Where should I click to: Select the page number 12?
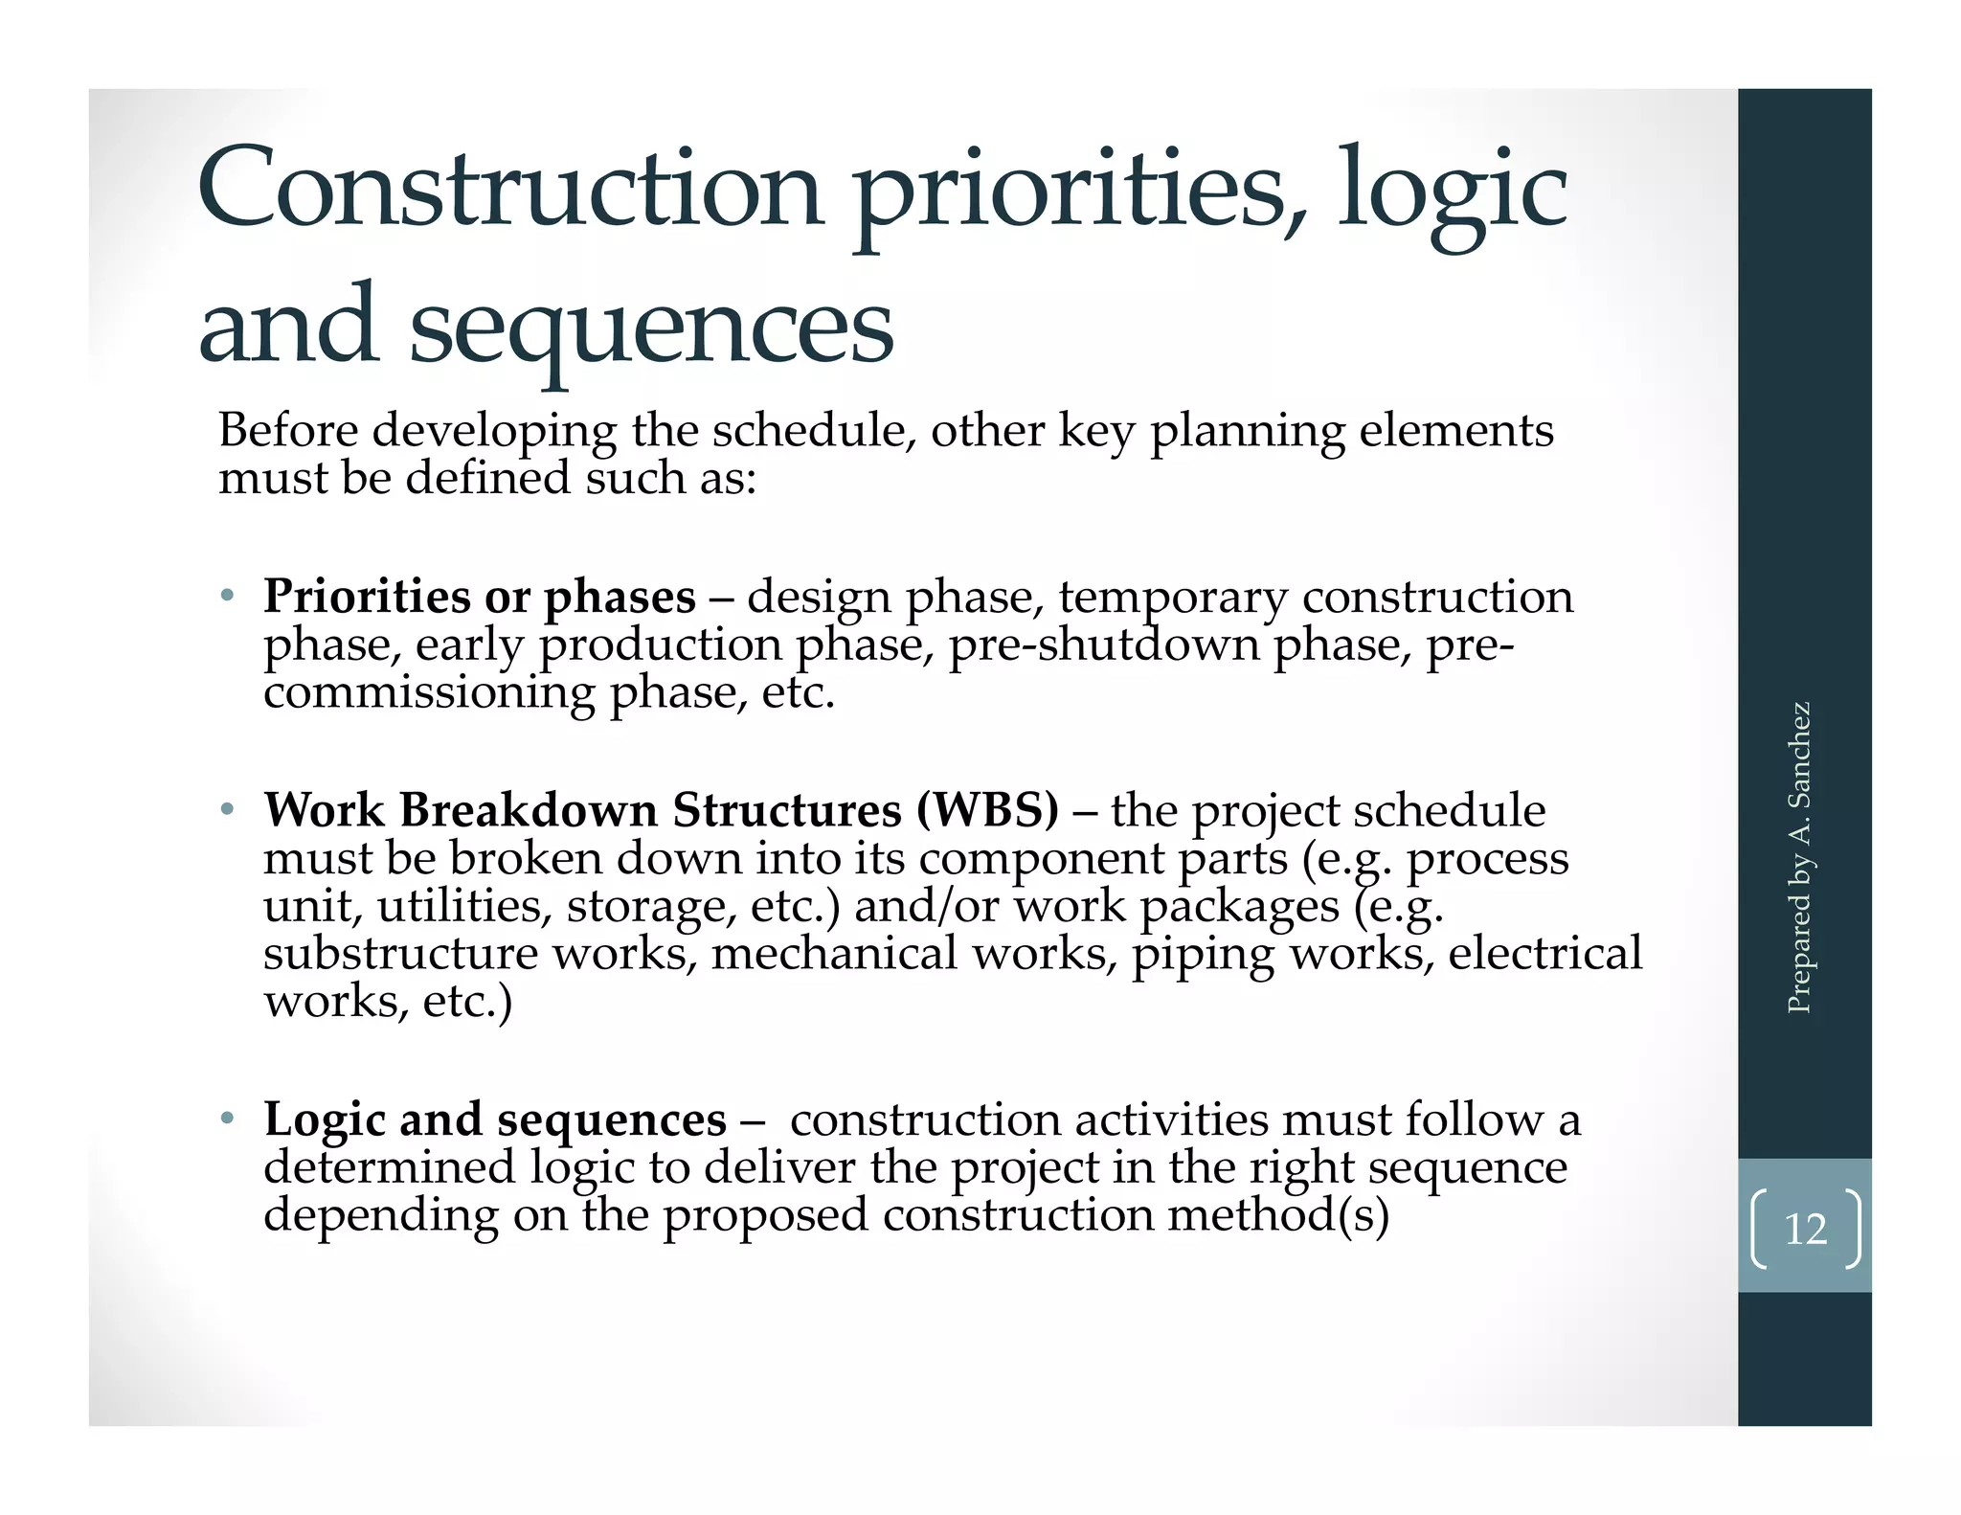pos(1805,1229)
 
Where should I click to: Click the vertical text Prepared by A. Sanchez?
pos(1799,857)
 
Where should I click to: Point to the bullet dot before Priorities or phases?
pos(227,597)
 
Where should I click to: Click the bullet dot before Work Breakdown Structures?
pos(227,810)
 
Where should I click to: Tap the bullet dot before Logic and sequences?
pos(227,1119)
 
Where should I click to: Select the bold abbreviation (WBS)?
pos(987,810)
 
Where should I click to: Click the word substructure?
pos(401,953)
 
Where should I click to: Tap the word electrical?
pos(1544,953)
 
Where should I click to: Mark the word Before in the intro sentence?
pos(288,430)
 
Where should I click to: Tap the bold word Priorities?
pos(367,597)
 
